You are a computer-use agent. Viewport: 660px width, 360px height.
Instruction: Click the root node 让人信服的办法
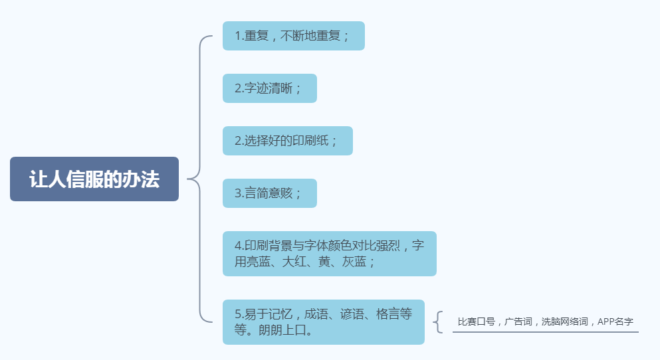tap(94, 179)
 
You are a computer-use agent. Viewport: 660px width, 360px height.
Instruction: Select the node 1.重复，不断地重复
tap(293, 36)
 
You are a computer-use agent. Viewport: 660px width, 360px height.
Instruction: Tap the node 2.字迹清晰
tap(269, 88)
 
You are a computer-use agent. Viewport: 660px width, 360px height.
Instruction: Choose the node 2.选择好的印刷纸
tap(287, 141)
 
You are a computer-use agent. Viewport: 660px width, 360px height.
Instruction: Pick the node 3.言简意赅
tap(269, 193)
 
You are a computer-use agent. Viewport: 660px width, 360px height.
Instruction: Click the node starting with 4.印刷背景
tap(329, 254)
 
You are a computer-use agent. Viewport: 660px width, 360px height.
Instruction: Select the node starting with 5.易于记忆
tap(323, 322)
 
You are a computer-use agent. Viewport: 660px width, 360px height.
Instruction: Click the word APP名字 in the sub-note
tap(615, 321)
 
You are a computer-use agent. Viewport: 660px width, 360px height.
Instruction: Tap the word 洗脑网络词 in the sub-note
tap(564, 321)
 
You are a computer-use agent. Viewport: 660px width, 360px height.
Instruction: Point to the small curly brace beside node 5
tap(438, 322)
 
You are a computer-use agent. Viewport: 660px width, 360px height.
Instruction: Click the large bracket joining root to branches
tap(199, 179)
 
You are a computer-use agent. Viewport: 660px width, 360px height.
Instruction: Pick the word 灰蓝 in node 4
tap(352, 262)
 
